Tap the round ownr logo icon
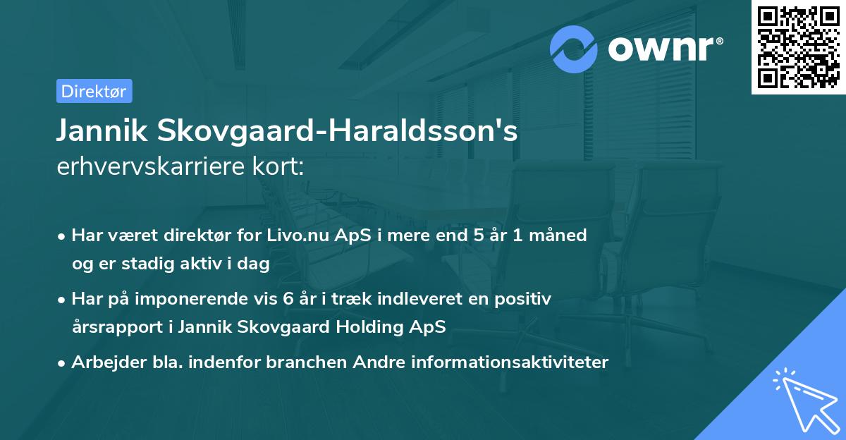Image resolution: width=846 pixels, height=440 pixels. [574, 49]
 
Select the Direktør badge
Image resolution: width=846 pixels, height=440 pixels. [94, 91]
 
